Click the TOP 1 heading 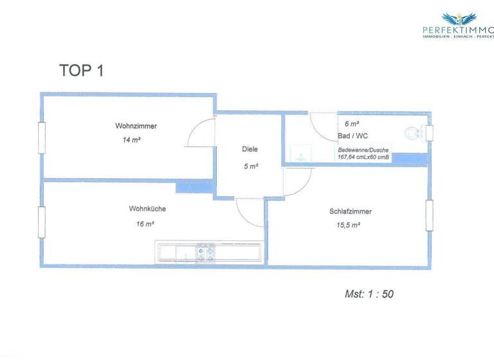click(x=80, y=71)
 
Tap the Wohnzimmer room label click(x=136, y=126)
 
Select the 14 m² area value click(x=131, y=139)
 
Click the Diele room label click(x=250, y=149)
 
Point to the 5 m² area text click(x=250, y=166)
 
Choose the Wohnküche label click(x=147, y=209)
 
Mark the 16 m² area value click(x=145, y=224)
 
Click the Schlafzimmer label click(x=350, y=212)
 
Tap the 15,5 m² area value click(x=347, y=226)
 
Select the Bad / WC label click(x=352, y=136)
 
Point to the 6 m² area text click(x=351, y=123)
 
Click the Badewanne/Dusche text click(x=363, y=150)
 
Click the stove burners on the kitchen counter click(x=205, y=253)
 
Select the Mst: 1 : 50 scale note click(x=369, y=294)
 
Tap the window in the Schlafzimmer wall click(x=428, y=215)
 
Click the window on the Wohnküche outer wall click(x=42, y=222)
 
